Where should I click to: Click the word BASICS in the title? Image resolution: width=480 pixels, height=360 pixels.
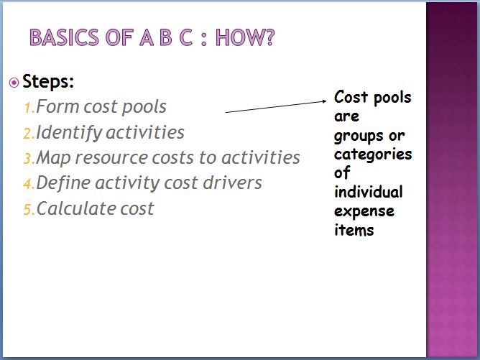click(x=64, y=37)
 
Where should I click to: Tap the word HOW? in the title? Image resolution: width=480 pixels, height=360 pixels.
click(x=245, y=37)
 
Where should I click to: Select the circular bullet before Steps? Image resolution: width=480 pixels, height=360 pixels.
click(x=14, y=83)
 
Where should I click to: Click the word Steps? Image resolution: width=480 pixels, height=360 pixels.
click(x=48, y=82)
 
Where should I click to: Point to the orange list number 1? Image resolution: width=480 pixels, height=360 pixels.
click(x=29, y=108)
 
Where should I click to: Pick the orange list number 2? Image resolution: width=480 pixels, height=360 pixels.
click(x=29, y=134)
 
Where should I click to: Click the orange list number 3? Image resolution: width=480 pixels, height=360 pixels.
click(x=29, y=160)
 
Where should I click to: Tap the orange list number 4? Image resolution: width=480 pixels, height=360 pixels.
click(x=29, y=184)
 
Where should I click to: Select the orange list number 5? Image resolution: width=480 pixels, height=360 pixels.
click(x=29, y=210)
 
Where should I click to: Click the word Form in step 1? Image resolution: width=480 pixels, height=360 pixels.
click(x=58, y=106)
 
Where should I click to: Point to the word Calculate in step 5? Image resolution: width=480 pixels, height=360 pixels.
click(x=76, y=208)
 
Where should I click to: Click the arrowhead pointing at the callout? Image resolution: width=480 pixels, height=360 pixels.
click(x=325, y=101)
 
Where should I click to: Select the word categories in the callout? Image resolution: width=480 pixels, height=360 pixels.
click(x=373, y=154)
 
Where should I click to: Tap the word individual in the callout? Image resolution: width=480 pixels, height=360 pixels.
click(x=369, y=192)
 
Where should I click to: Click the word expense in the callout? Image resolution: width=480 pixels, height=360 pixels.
click(x=364, y=211)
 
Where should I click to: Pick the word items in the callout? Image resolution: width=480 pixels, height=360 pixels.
click(x=354, y=230)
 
